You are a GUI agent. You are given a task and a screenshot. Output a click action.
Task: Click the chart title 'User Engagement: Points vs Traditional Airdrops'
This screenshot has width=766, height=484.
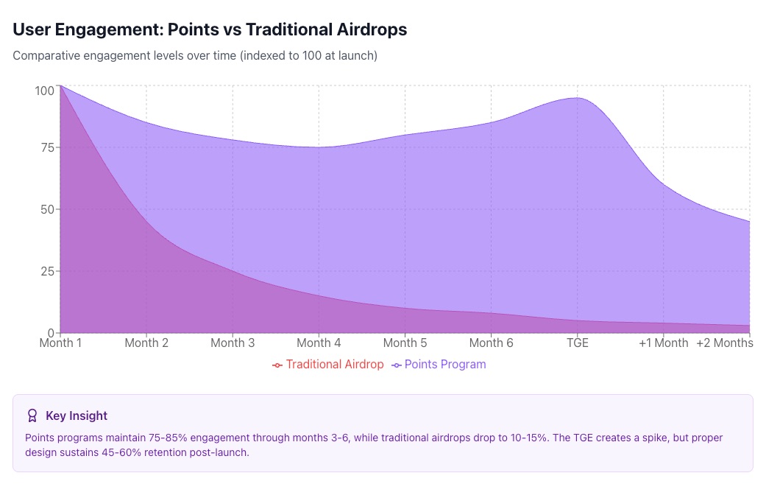(x=210, y=29)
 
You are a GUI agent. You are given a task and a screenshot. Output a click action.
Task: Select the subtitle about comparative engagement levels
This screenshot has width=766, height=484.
(x=195, y=56)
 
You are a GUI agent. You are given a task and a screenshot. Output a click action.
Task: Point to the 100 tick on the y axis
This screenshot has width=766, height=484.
(x=45, y=91)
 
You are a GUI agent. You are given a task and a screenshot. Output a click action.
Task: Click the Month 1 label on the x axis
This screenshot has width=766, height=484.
(x=60, y=343)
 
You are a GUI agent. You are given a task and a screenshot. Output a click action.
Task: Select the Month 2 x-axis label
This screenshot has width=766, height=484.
(x=146, y=343)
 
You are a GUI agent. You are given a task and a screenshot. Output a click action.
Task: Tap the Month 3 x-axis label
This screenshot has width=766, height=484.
(x=233, y=343)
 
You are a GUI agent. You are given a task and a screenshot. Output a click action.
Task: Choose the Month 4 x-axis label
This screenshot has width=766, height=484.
(x=319, y=343)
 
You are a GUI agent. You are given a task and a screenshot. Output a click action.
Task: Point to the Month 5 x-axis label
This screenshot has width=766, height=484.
(x=405, y=343)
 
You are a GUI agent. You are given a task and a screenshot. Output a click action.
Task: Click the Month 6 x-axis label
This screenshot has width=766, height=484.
(x=491, y=343)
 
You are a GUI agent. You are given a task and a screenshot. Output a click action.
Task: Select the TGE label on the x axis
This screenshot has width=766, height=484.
(x=578, y=343)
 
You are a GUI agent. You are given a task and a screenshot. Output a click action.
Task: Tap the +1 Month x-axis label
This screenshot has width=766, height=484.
(x=663, y=343)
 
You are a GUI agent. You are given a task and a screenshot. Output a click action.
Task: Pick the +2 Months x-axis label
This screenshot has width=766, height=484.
(x=724, y=343)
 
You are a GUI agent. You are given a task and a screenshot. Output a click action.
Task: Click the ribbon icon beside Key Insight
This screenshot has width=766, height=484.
(x=32, y=415)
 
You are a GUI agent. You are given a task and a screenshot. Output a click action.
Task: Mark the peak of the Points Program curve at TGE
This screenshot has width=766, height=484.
(x=578, y=98)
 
